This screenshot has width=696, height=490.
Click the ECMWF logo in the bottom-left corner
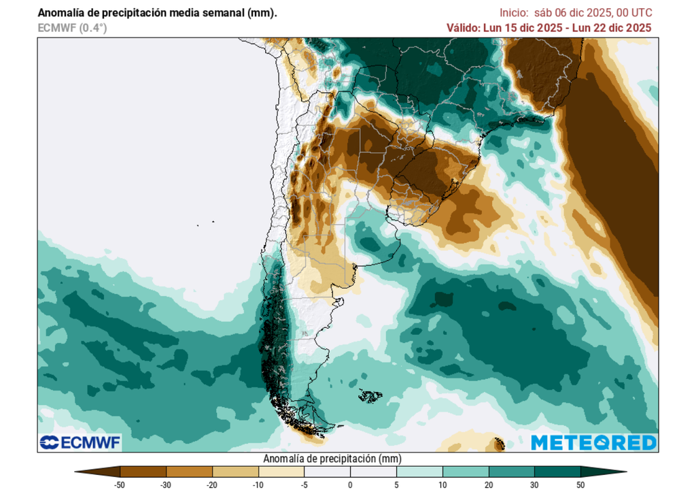80,442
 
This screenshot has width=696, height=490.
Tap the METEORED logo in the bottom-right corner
593,442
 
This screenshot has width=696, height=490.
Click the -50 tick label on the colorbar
120,485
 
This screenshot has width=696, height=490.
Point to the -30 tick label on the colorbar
166,485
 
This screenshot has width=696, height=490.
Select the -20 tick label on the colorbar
212,485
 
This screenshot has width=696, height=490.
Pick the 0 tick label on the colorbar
350,485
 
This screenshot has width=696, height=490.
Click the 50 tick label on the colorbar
580,485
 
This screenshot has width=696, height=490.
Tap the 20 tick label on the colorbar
488,485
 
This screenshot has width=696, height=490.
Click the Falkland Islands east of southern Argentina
370,395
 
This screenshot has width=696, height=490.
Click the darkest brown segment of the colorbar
143,472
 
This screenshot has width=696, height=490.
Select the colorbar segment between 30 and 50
557,472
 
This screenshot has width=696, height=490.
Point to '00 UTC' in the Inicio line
635,13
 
